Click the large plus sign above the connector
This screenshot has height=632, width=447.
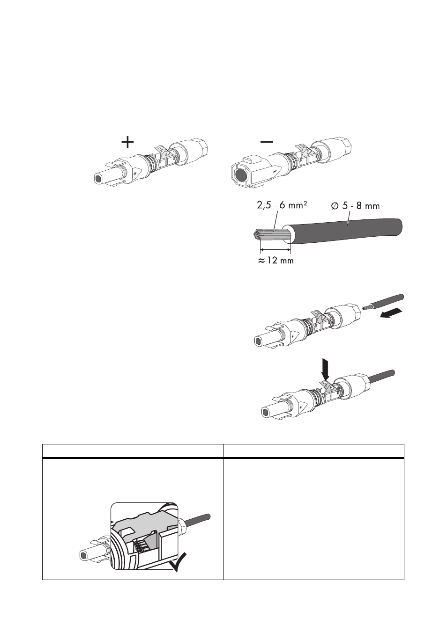coord(127,142)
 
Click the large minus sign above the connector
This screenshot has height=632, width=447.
coord(267,142)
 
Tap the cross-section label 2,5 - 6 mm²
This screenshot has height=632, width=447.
coord(282,205)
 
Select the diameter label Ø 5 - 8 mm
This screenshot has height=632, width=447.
coord(356,206)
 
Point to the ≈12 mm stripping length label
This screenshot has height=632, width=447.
coord(276,260)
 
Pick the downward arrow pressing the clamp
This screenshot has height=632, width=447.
coord(326,369)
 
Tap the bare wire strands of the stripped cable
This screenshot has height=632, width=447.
coord(271,234)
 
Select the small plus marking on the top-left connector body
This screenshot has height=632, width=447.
coord(135,173)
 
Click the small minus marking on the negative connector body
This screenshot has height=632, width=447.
coord(275,171)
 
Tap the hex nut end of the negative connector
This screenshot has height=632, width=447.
coord(345,147)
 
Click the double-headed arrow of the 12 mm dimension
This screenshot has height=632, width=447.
coord(275,249)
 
